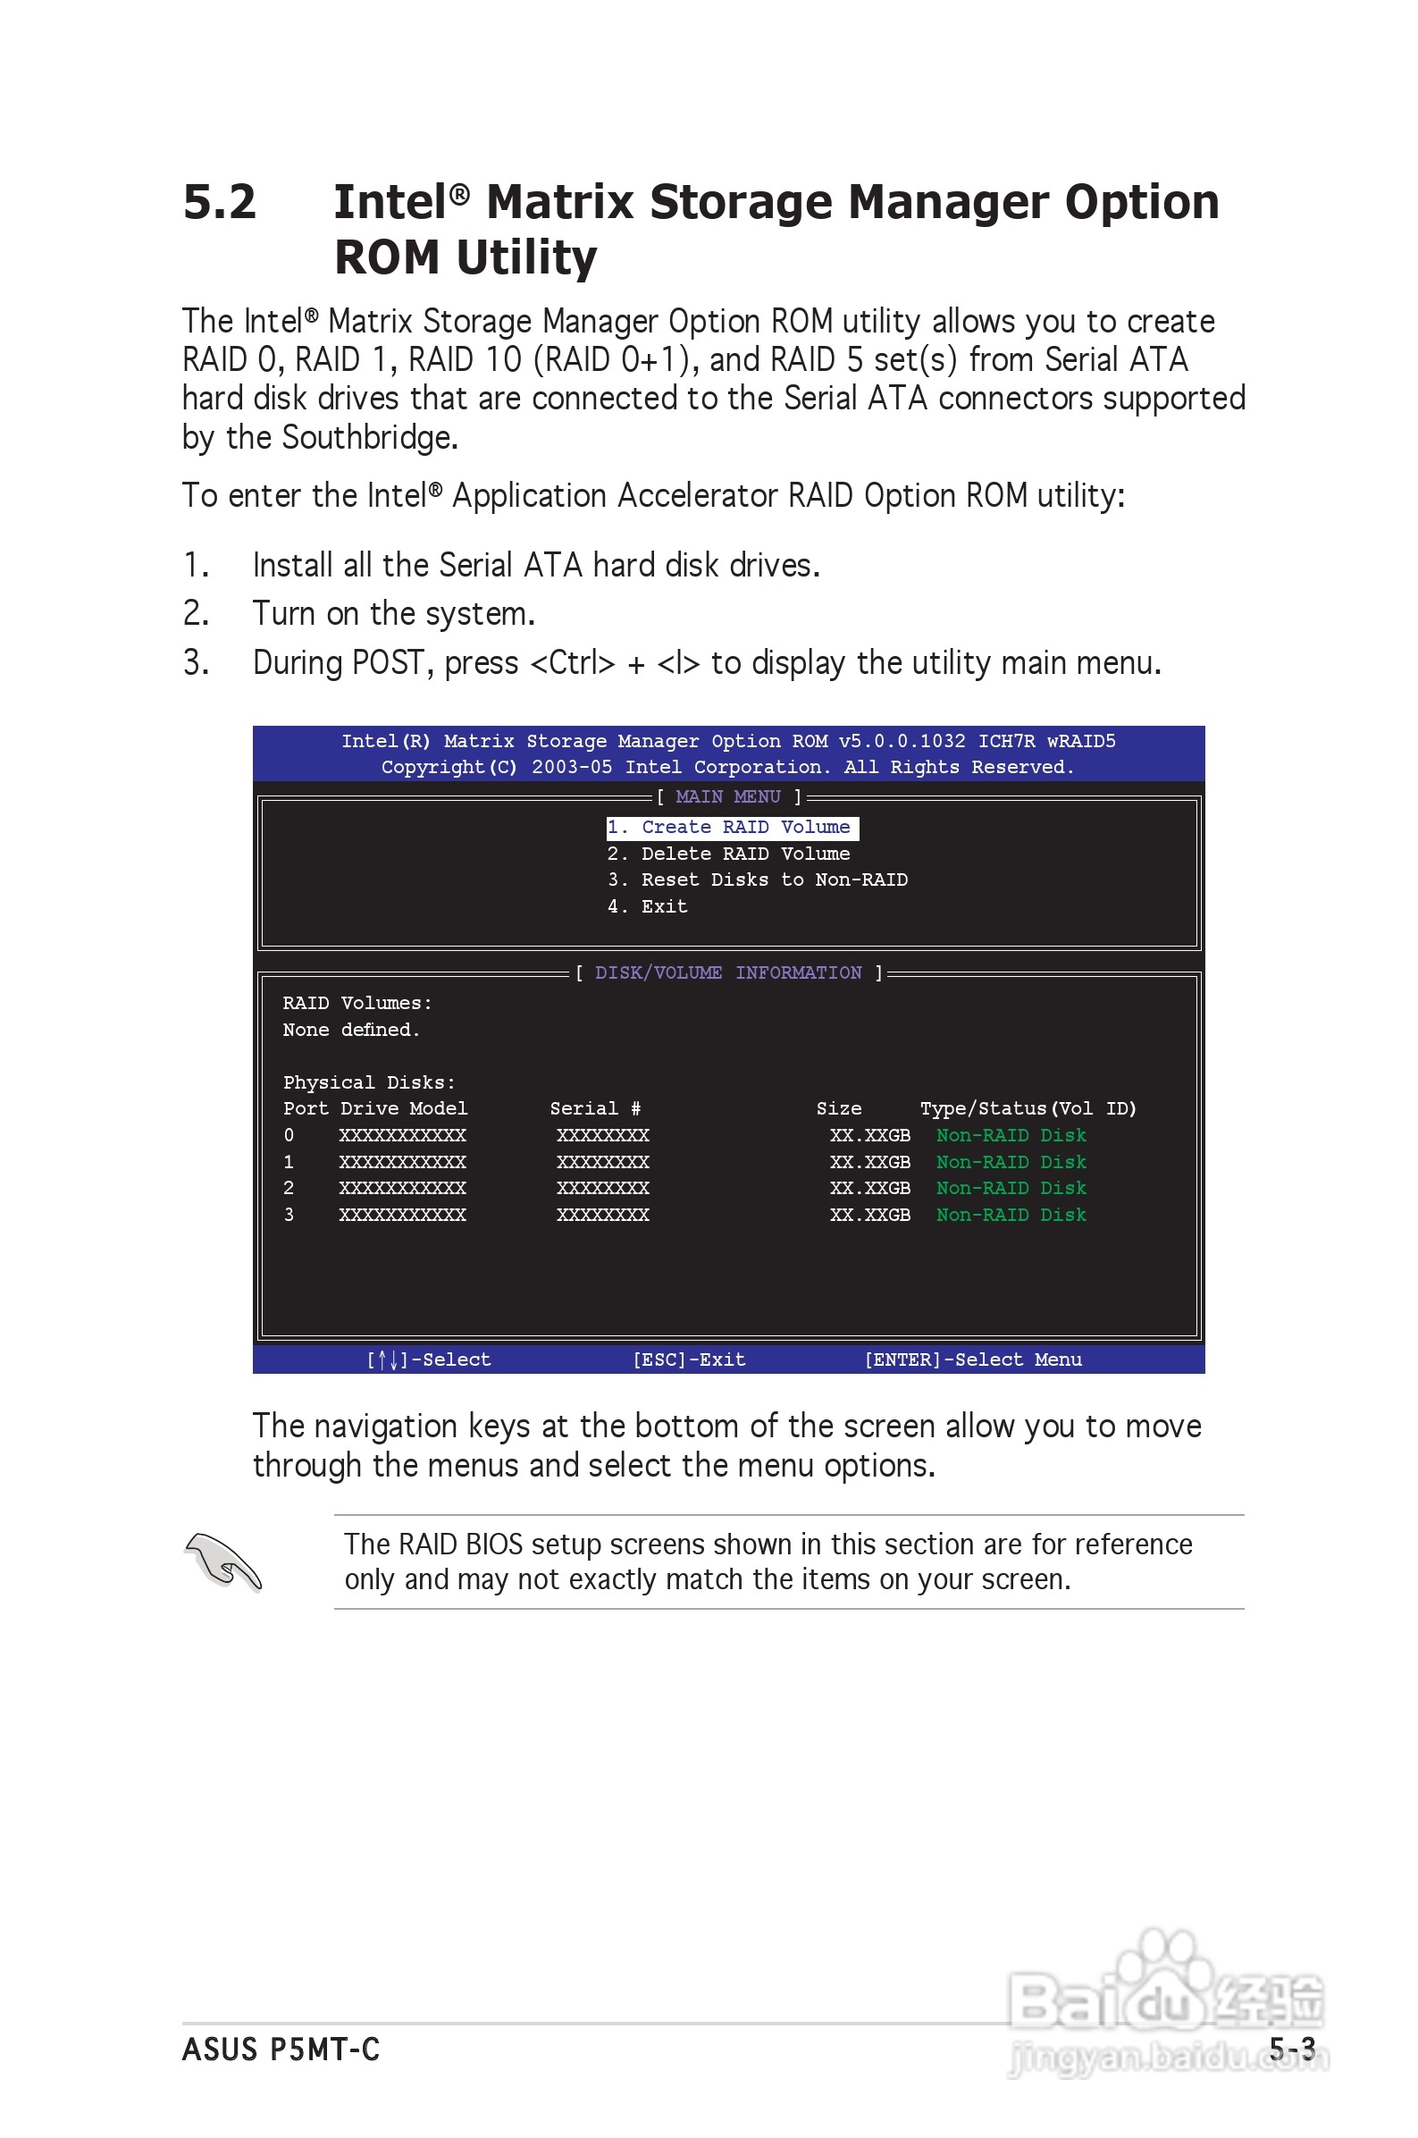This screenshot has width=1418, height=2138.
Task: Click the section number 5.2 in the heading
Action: (219, 202)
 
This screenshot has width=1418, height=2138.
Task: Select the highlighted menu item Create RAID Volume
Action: (732, 828)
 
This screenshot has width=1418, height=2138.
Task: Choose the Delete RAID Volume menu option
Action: (729, 854)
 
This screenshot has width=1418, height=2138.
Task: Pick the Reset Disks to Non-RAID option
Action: (758, 880)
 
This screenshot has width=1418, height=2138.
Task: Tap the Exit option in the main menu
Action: (649, 906)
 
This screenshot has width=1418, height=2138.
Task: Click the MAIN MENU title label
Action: (728, 796)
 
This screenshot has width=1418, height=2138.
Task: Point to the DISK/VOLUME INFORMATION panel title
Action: (728, 973)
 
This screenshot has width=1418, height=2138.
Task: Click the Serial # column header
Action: (595, 1109)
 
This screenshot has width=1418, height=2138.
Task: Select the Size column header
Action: (838, 1109)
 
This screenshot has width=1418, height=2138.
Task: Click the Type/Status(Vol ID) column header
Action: (1028, 1109)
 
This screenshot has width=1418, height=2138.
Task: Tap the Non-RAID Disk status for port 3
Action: (1011, 1215)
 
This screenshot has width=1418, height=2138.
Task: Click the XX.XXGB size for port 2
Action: (870, 1189)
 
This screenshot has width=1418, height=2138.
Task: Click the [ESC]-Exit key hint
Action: (689, 1359)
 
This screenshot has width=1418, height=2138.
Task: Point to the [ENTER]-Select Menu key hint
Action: (973, 1359)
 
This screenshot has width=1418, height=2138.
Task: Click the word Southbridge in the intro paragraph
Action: (370, 438)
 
